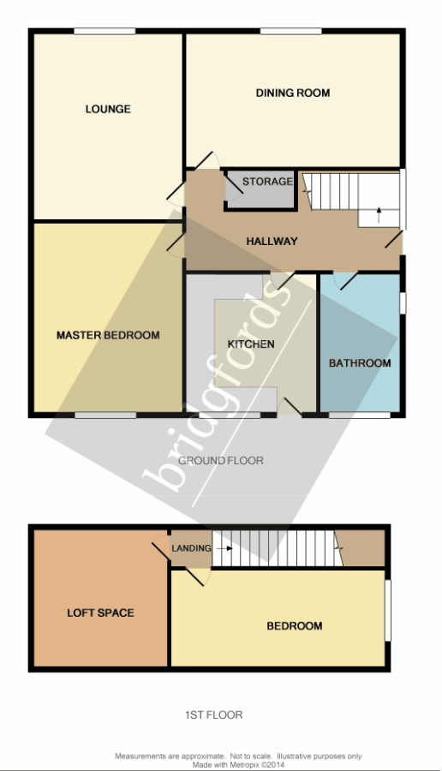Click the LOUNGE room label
(108, 109)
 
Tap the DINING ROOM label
(293, 93)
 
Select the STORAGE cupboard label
(267, 182)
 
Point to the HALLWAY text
(272, 242)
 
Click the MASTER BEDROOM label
(108, 335)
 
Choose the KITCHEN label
(251, 344)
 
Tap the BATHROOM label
(360, 363)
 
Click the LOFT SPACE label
(101, 613)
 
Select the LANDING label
(191, 548)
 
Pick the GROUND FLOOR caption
(221, 461)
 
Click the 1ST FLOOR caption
(214, 715)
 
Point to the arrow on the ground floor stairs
(379, 215)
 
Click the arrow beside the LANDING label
(224, 548)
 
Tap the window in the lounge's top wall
(105, 32)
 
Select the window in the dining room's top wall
(291, 32)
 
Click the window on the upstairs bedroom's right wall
(387, 610)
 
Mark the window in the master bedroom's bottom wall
(105, 415)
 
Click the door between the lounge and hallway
(176, 195)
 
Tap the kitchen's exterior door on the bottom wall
(290, 407)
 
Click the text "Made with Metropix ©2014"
(238, 765)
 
